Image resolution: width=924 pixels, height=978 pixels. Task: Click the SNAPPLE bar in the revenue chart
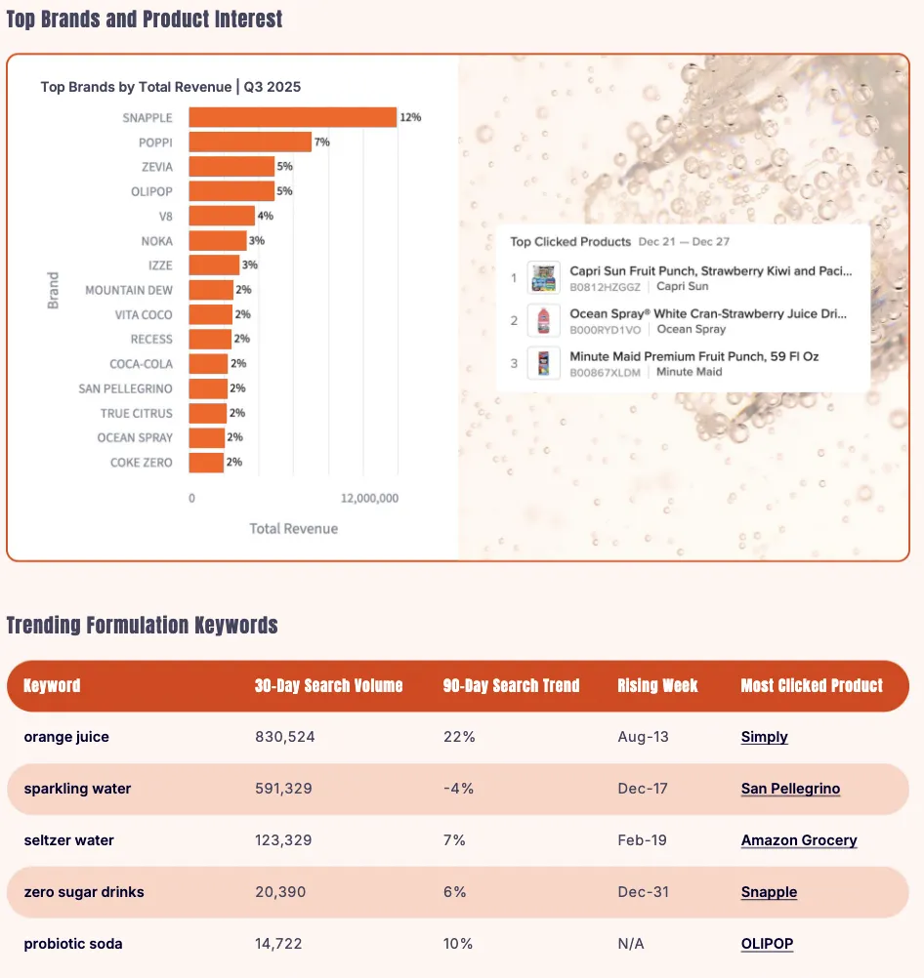tap(292, 117)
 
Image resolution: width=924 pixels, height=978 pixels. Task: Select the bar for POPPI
tap(250, 143)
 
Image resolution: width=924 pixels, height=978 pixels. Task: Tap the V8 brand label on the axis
tap(165, 216)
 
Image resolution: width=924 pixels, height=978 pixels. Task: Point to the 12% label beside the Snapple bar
tap(410, 117)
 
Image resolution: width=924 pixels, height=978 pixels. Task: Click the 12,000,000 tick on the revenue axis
tap(369, 498)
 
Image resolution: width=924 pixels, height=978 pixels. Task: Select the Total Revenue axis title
tap(293, 528)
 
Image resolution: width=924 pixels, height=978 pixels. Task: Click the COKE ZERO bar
tap(206, 463)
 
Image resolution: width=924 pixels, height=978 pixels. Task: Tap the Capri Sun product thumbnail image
tap(543, 278)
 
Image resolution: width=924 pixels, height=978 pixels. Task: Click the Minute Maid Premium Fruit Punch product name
tap(693, 356)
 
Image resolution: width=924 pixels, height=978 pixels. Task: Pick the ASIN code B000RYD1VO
tap(605, 329)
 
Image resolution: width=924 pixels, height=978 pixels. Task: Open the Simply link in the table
tap(764, 737)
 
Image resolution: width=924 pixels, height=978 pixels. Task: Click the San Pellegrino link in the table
tap(790, 789)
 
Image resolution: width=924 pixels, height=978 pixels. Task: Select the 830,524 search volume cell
tap(284, 737)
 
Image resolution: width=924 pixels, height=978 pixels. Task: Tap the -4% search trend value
tap(458, 789)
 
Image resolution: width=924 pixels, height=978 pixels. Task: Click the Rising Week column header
tap(657, 685)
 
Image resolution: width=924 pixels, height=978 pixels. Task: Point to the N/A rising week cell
tap(631, 944)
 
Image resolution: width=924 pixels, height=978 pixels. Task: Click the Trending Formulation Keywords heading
tap(142, 625)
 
